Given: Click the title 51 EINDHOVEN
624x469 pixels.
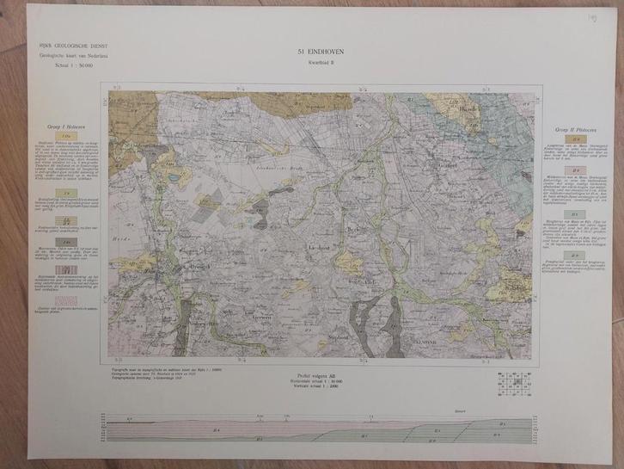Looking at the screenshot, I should click(314, 53).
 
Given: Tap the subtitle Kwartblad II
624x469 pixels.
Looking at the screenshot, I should click(314, 62).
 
